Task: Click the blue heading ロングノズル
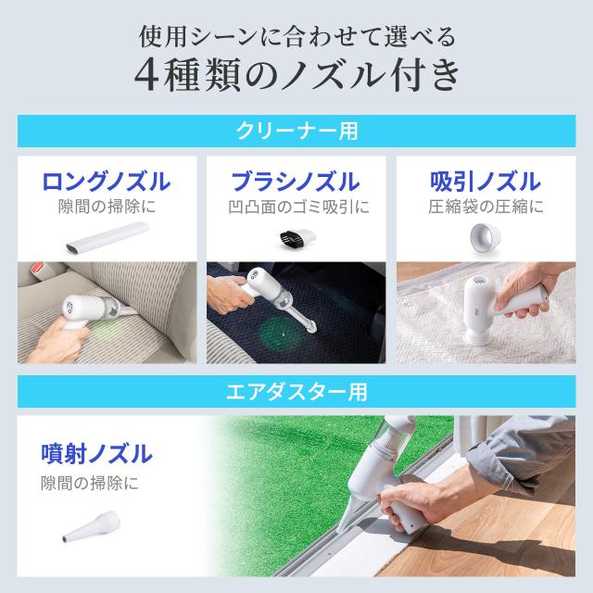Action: (x=107, y=182)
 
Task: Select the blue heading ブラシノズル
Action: (x=296, y=182)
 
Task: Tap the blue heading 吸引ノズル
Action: (x=486, y=182)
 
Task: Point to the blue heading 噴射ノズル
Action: (x=96, y=453)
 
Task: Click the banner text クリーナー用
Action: (x=297, y=131)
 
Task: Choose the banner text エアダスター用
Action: (x=296, y=392)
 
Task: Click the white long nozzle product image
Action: (x=107, y=237)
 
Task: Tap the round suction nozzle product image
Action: (x=486, y=236)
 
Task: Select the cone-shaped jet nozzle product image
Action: (x=92, y=526)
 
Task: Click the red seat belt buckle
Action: (x=37, y=269)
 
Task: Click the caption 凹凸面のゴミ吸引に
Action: (x=298, y=207)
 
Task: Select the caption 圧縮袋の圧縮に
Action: (x=486, y=207)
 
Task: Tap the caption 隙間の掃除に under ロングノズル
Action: (x=107, y=207)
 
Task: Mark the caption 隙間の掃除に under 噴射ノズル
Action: (x=90, y=484)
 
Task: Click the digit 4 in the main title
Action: (x=146, y=75)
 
